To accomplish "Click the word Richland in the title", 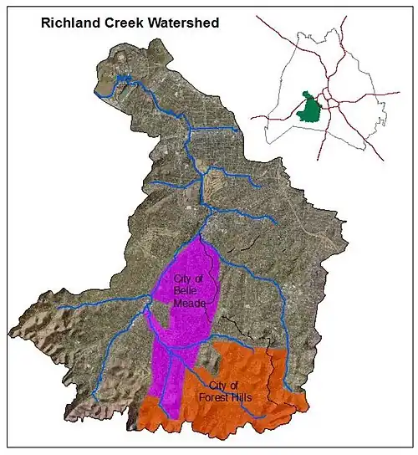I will click(69, 24).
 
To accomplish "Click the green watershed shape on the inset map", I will click(310, 108).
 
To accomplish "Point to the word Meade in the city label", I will click(187, 302).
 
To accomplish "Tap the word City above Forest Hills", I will click(222, 386).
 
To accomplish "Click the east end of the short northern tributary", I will click(241, 131).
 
